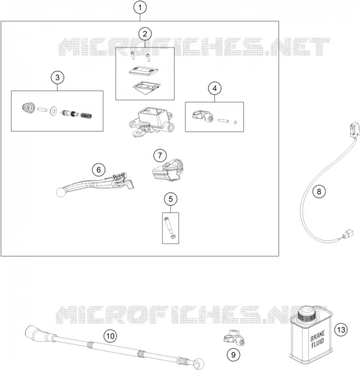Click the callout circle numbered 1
[140, 7]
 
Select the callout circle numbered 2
[145, 34]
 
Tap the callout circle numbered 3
[57, 78]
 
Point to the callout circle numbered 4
[214, 88]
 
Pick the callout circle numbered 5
[171, 199]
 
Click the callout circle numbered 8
[319, 191]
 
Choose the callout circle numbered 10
[110, 336]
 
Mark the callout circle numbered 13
[341, 330]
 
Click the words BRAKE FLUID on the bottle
[318, 340]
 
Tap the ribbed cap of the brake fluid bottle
[307, 314]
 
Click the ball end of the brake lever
[61, 192]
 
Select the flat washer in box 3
[53, 111]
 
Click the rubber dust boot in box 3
[29, 108]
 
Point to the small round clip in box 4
[235, 122]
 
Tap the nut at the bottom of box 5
[173, 237]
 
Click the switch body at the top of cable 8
[355, 130]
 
